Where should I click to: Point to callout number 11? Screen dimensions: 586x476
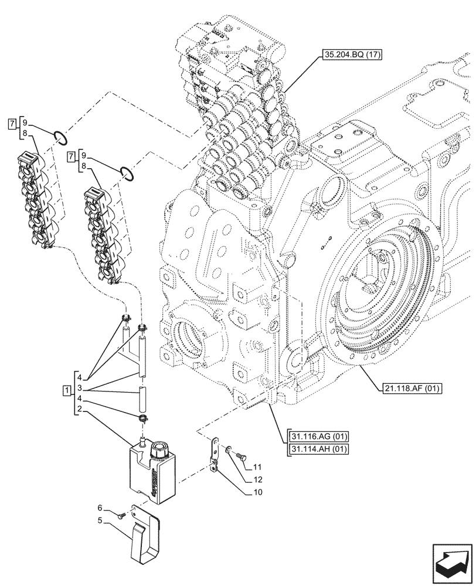click(x=257, y=467)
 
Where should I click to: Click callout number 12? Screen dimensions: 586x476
click(x=257, y=479)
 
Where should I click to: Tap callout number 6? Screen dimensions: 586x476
click(x=100, y=507)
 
